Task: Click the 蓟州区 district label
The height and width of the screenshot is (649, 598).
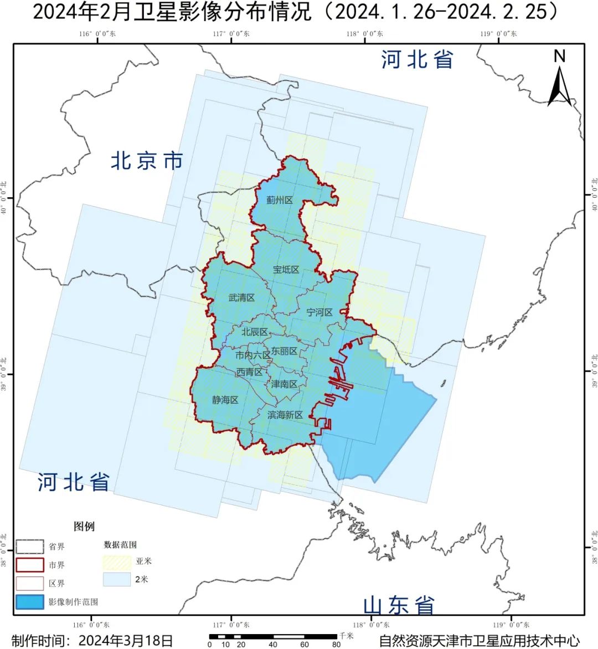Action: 279,200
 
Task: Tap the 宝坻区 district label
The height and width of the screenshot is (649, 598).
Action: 286,270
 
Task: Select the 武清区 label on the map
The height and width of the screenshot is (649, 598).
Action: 241,297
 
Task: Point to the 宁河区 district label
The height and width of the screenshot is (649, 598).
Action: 319,312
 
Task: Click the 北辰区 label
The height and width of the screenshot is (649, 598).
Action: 254,332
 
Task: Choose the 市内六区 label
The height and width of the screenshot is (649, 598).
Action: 252,356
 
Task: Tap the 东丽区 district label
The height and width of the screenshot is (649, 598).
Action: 284,351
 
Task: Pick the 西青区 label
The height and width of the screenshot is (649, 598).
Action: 249,372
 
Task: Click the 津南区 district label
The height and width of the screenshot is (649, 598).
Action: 284,384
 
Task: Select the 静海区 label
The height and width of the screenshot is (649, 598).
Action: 225,399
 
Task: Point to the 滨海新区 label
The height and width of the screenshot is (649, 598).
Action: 285,415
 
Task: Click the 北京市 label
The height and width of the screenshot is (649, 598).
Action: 147,161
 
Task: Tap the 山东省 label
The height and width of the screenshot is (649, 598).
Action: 399,605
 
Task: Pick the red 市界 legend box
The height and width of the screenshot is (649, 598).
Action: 29,565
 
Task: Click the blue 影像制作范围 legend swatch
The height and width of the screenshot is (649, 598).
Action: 29,602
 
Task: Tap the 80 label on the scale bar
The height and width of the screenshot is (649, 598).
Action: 336,645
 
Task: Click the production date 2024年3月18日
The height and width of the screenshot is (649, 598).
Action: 126,641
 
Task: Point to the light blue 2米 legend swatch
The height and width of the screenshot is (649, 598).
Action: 117,580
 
